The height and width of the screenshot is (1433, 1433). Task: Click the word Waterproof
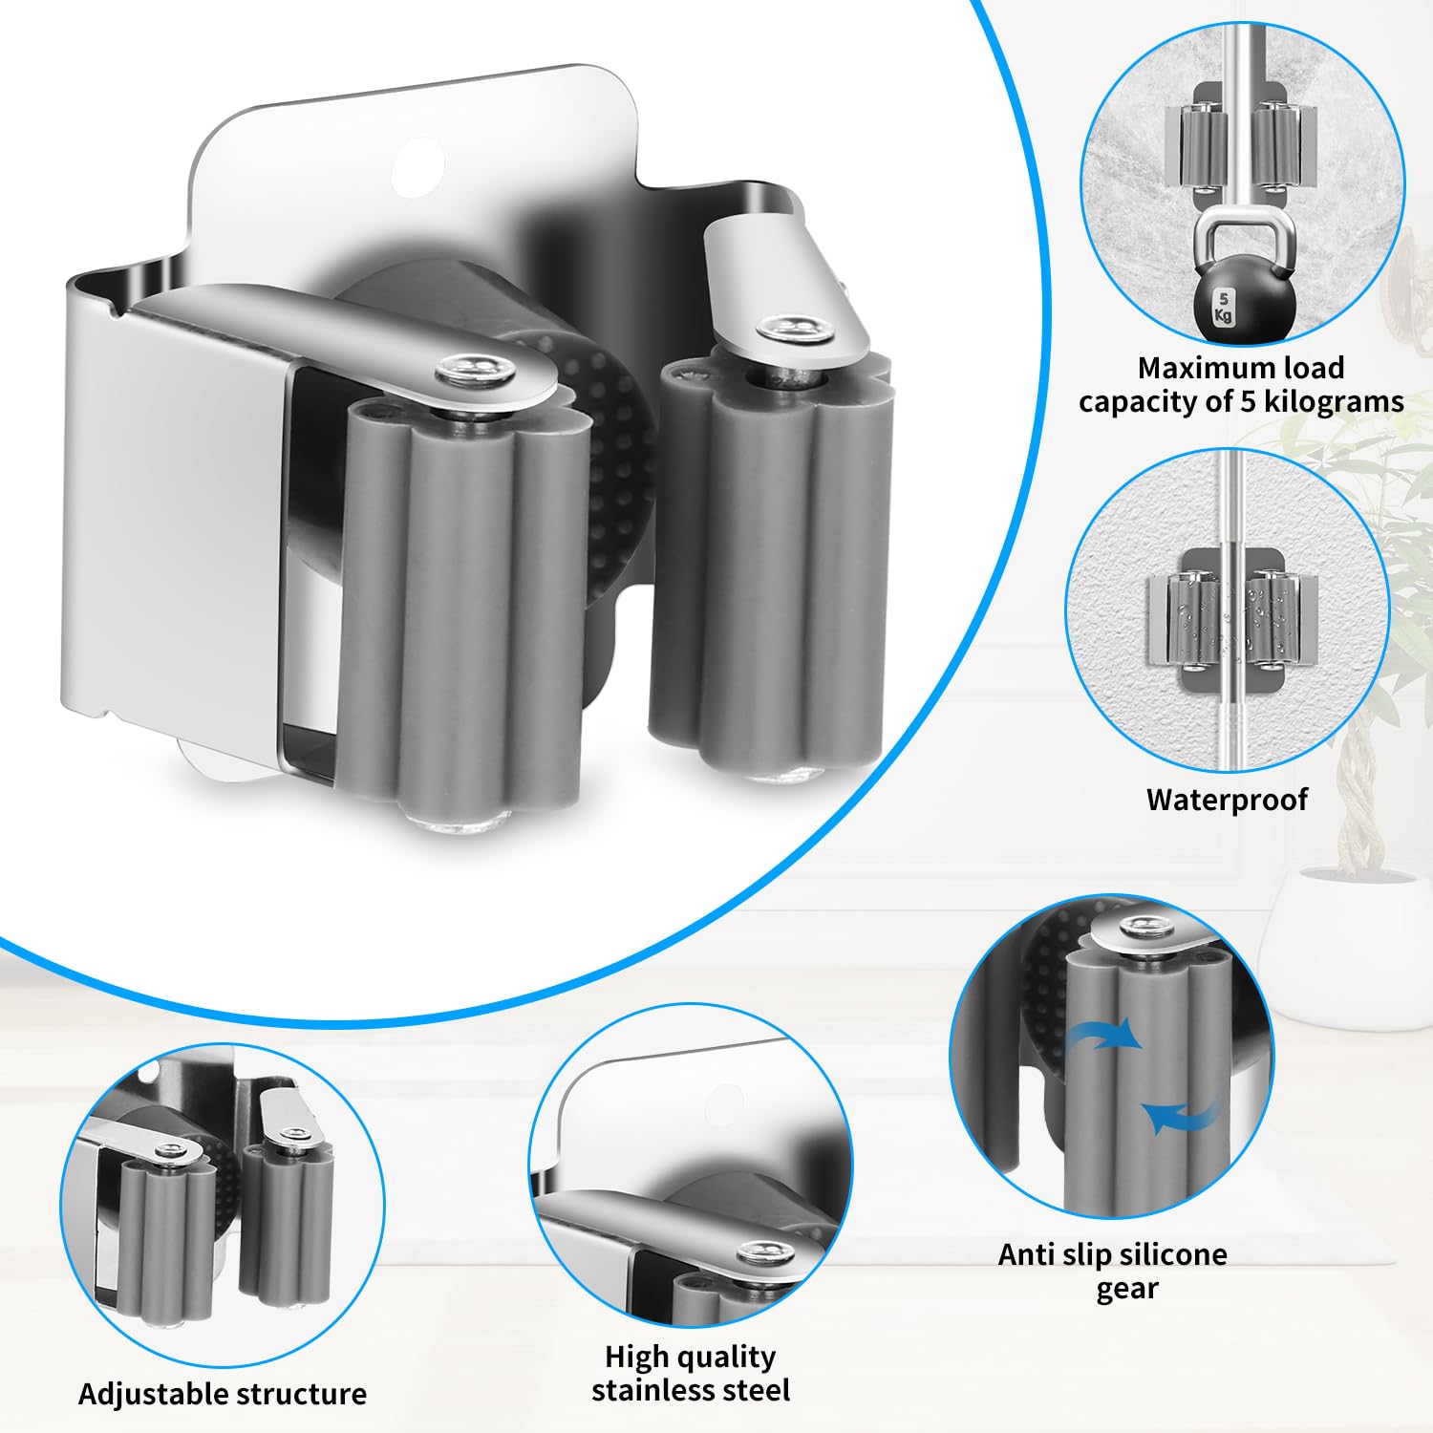coord(1227,799)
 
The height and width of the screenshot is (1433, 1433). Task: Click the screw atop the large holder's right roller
coord(792,330)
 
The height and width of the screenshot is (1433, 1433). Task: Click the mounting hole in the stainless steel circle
coord(725,1101)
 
